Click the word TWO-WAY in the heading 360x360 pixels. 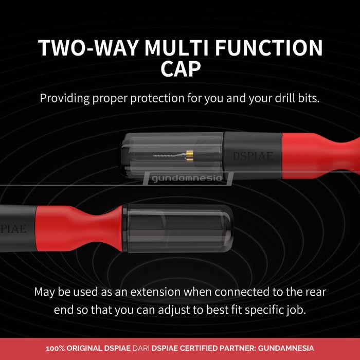87,48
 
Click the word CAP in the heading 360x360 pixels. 180,69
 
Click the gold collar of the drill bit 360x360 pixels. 189,154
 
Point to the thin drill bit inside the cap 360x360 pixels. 170,155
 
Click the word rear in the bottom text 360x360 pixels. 315,292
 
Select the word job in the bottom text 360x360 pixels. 296,311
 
